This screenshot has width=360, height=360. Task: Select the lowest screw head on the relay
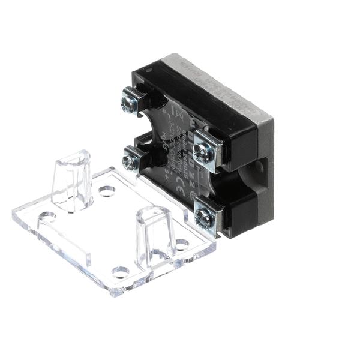[x=204, y=220]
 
